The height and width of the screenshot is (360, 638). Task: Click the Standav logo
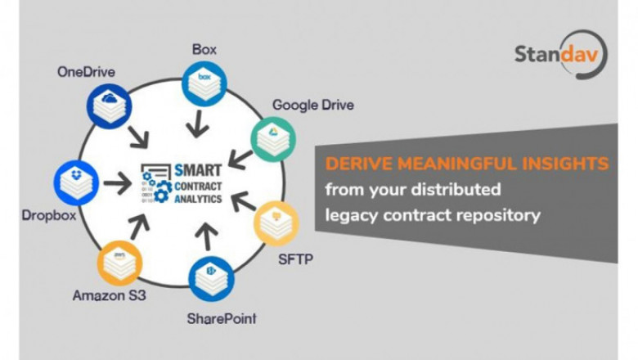pos(560,54)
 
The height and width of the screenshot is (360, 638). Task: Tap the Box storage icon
pos(204,83)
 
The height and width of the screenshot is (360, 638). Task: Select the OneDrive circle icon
pos(109,106)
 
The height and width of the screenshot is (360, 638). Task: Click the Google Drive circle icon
pos(273,139)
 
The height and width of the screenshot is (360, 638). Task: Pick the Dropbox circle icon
pos(76,182)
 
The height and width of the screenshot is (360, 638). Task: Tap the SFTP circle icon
pos(276,223)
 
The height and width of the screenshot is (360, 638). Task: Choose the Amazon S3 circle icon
pos(119,263)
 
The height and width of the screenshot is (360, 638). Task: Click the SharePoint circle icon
pos(211,279)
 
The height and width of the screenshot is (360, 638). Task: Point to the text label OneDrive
pos(86,72)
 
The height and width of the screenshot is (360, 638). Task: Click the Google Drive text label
pos(313,105)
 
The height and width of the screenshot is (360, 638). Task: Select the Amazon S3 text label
pos(109,295)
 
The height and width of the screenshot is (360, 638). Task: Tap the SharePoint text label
pos(222,318)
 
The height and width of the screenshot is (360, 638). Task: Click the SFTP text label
pos(295,259)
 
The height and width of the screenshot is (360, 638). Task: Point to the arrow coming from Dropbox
pos(117,182)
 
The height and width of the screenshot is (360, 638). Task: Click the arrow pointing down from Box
pos(198,124)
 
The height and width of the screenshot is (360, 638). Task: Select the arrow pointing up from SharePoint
pos(207,236)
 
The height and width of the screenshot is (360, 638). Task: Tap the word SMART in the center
pos(198,170)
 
